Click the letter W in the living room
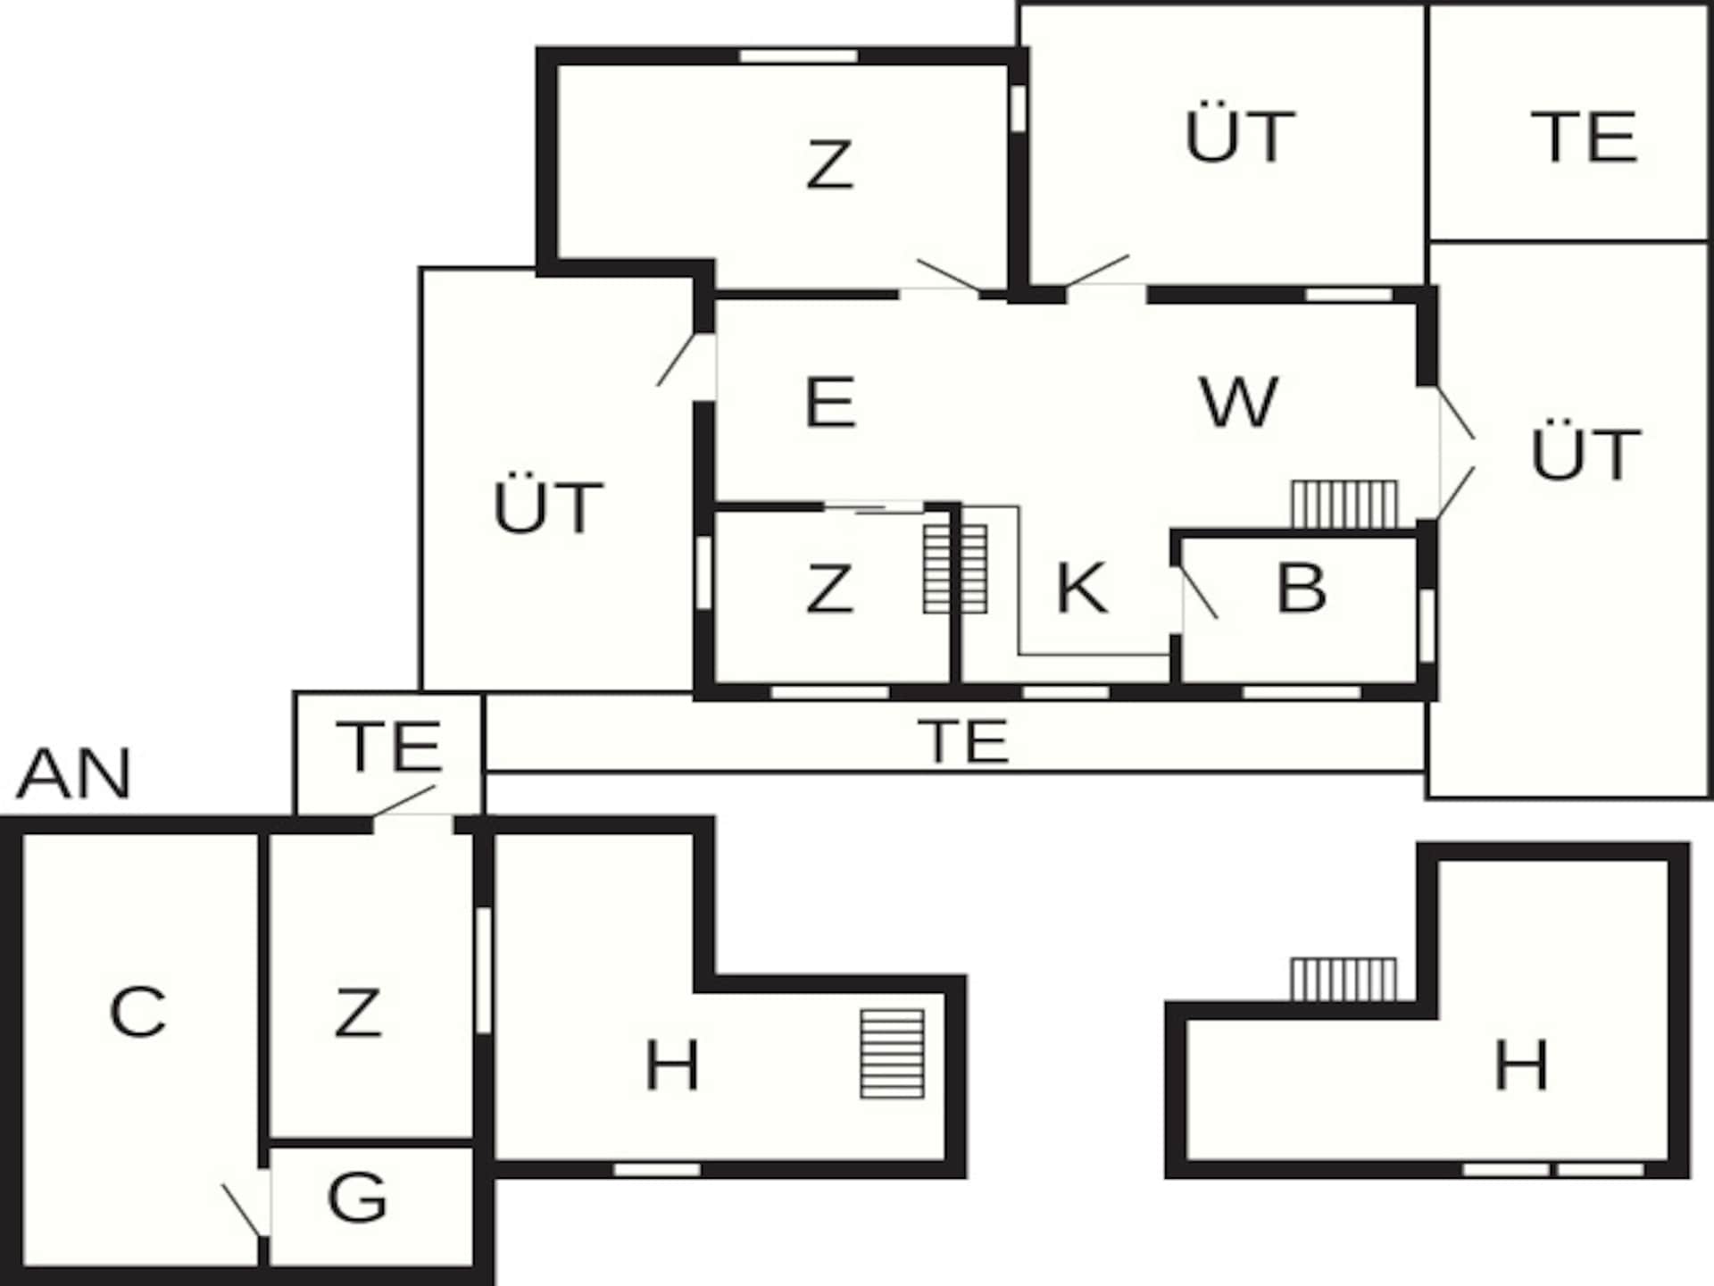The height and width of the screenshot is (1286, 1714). point(1238,402)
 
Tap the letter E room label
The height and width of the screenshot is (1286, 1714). point(830,402)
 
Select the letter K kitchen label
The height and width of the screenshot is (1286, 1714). point(1081,588)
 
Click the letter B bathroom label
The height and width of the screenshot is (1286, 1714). point(1302,588)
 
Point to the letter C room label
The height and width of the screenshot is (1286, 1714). point(137,1012)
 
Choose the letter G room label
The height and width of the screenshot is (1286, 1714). point(357,1197)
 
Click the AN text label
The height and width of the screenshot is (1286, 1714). point(74,773)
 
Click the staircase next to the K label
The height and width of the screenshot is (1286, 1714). point(955,569)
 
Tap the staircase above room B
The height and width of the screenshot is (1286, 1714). point(1344,505)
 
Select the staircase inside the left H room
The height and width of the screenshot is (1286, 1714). point(892,1054)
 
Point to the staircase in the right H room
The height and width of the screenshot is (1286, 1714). point(1344,980)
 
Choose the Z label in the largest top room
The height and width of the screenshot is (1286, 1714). point(829,165)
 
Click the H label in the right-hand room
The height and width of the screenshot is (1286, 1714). point(1521,1065)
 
